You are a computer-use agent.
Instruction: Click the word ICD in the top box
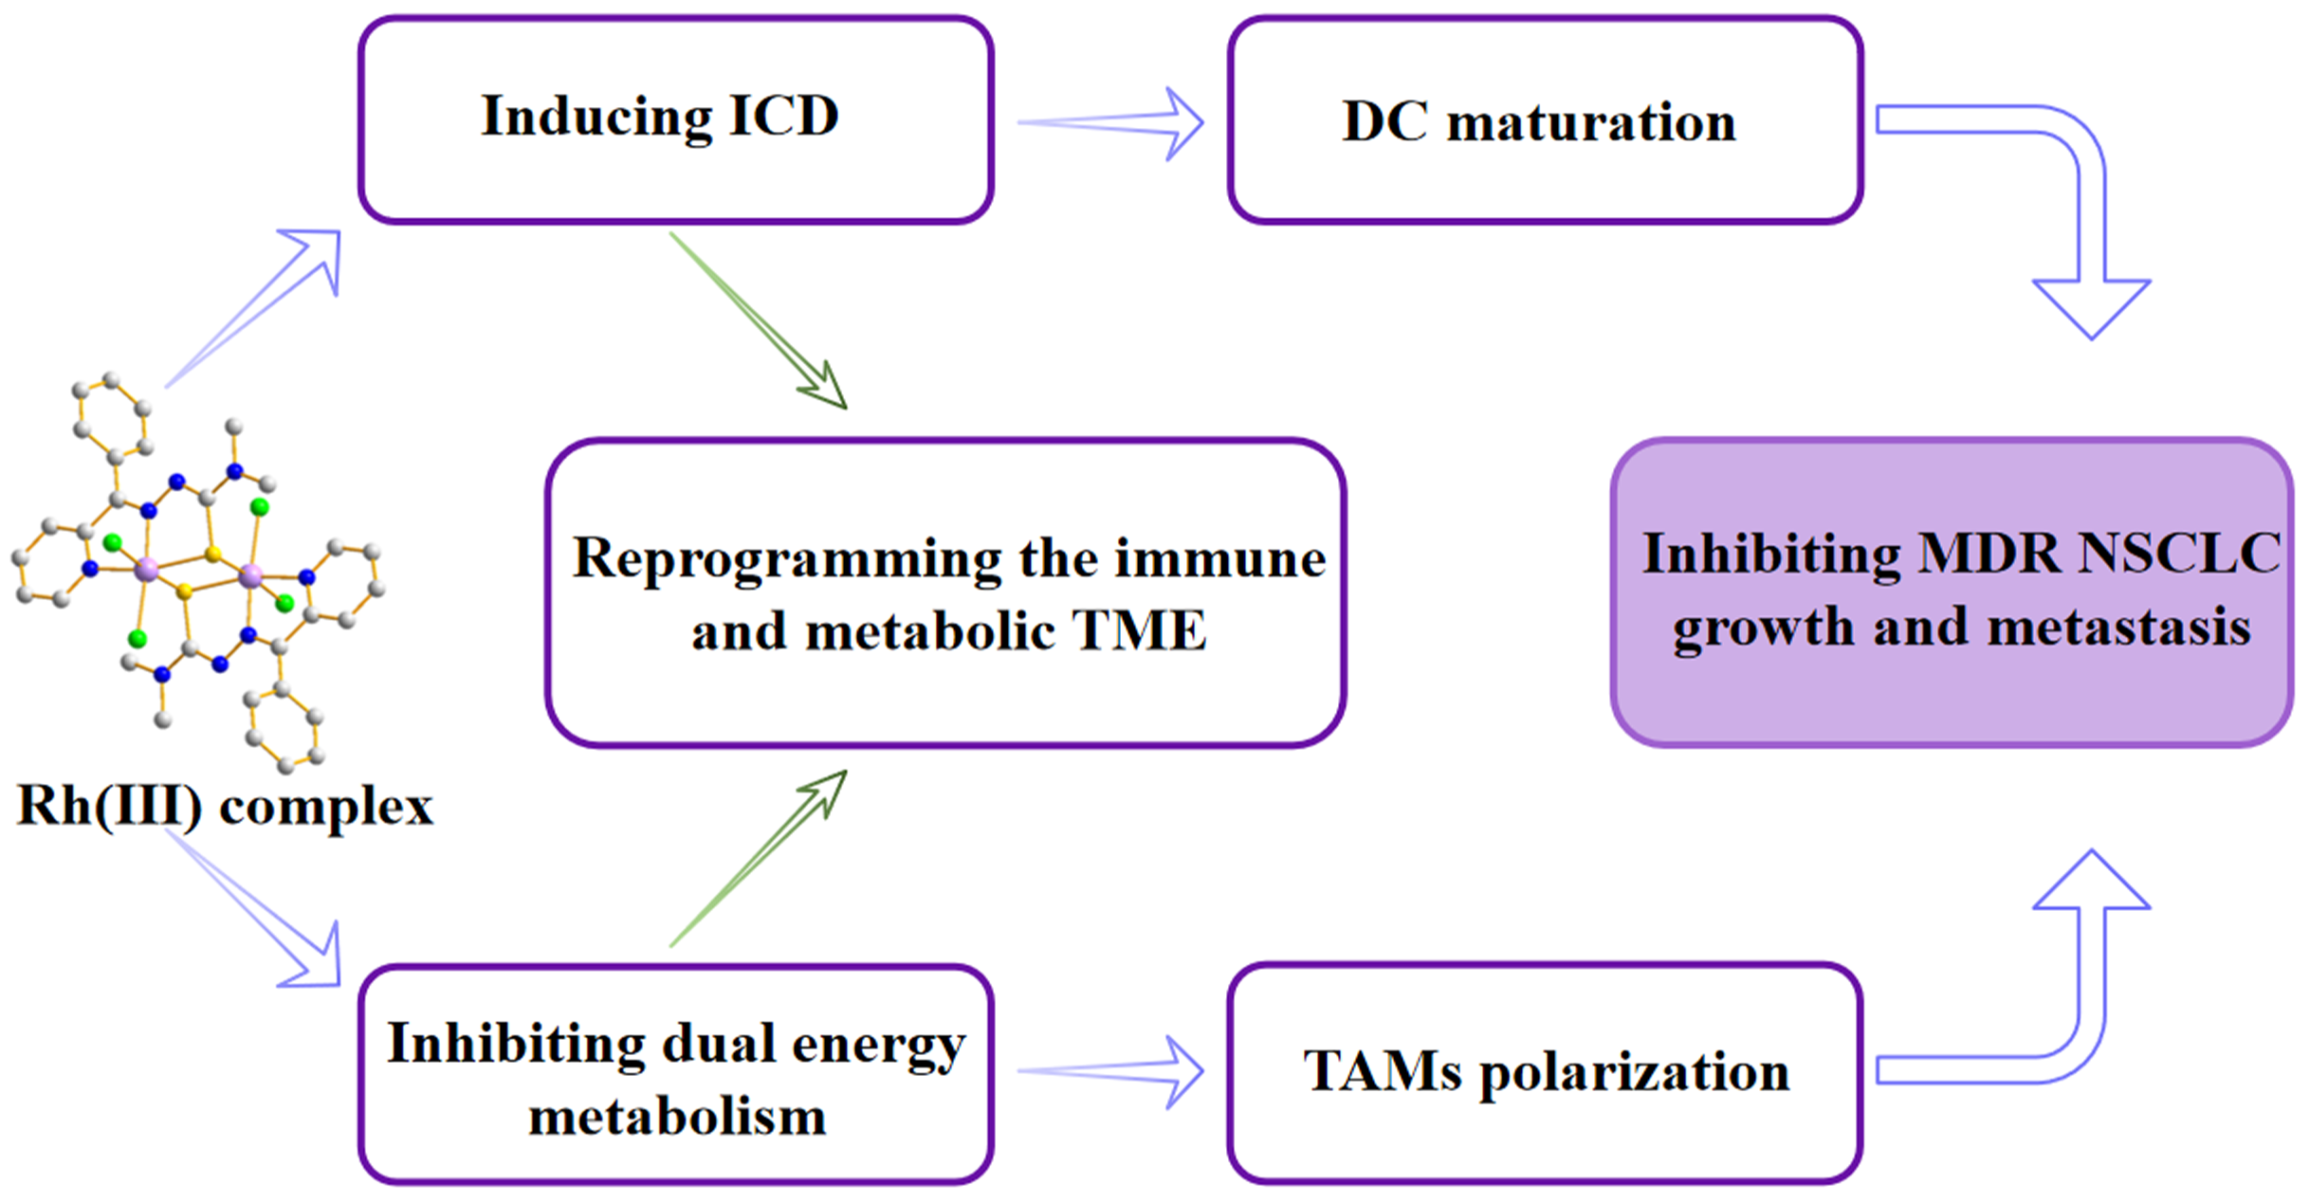click(x=784, y=116)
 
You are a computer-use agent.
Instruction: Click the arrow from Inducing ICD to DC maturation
click(x=1110, y=123)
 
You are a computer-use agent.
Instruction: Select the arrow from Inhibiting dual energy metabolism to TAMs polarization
click(x=1110, y=1071)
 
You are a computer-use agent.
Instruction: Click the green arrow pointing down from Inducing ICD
click(x=758, y=320)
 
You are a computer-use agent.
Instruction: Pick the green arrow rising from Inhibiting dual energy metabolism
click(x=758, y=858)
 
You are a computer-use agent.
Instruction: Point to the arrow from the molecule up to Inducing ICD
click(x=252, y=308)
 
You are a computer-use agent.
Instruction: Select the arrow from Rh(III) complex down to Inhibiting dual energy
click(x=252, y=908)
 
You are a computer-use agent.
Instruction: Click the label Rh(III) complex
click(x=226, y=808)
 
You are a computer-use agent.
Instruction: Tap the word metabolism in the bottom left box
click(x=677, y=1116)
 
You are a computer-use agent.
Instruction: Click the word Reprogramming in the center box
click(x=786, y=559)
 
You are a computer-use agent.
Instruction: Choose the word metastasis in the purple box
click(x=2118, y=627)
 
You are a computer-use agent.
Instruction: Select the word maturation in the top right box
click(x=1591, y=123)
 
